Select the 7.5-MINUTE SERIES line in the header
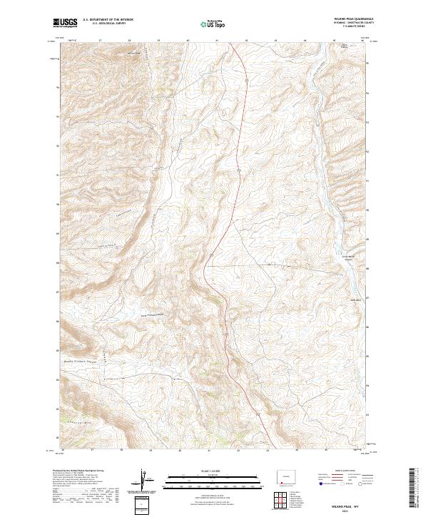(349, 27)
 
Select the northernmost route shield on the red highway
(245, 81)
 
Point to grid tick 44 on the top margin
(305, 41)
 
